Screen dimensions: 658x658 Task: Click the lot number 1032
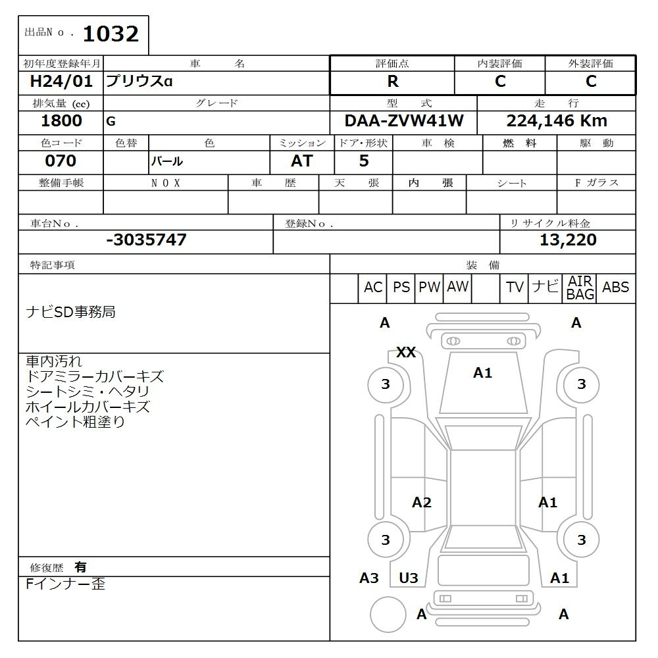pyautogui.click(x=111, y=34)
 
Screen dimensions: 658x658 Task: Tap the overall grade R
pyautogui.click(x=393, y=82)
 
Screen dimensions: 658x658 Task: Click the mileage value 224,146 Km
pyautogui.click(x=557, y=121)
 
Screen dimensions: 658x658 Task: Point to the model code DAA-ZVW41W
pyautogui.click(x=404, y=121)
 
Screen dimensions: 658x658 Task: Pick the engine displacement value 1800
pyautogui.click(x=61, y=121)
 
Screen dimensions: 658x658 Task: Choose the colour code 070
pyautogui.click(x=61, y=161)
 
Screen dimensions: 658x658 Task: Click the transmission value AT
pyautogui.click(x=302, y=161)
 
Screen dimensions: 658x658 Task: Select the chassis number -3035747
pyautogui.click(x=146, y=240)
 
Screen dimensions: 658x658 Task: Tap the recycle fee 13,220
pyautogui.click(x=568, y=240)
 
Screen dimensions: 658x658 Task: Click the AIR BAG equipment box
pyautogui.click(x=580, y=288)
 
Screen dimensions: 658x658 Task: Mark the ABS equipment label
pyautogui.click(x=615, y=288)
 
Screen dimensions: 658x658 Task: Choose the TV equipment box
pyautogui.click(x=515, y=288)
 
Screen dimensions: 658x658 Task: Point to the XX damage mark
pyautogui.click(x=406, y=353)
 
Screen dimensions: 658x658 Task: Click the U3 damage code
pyautogui.click(x=409, y=578)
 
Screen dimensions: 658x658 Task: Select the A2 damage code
pyautogui.click(x=422, y=503)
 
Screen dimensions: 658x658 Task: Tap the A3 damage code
pyautogui.click(x=369, y=578)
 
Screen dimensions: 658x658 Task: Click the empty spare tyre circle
pyautogui.click(x=388, y=614)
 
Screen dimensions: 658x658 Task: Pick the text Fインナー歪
pyautogui.click(x=66, y=584)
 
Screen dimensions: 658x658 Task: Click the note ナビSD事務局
pyautogui.click(x=70, y=312)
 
